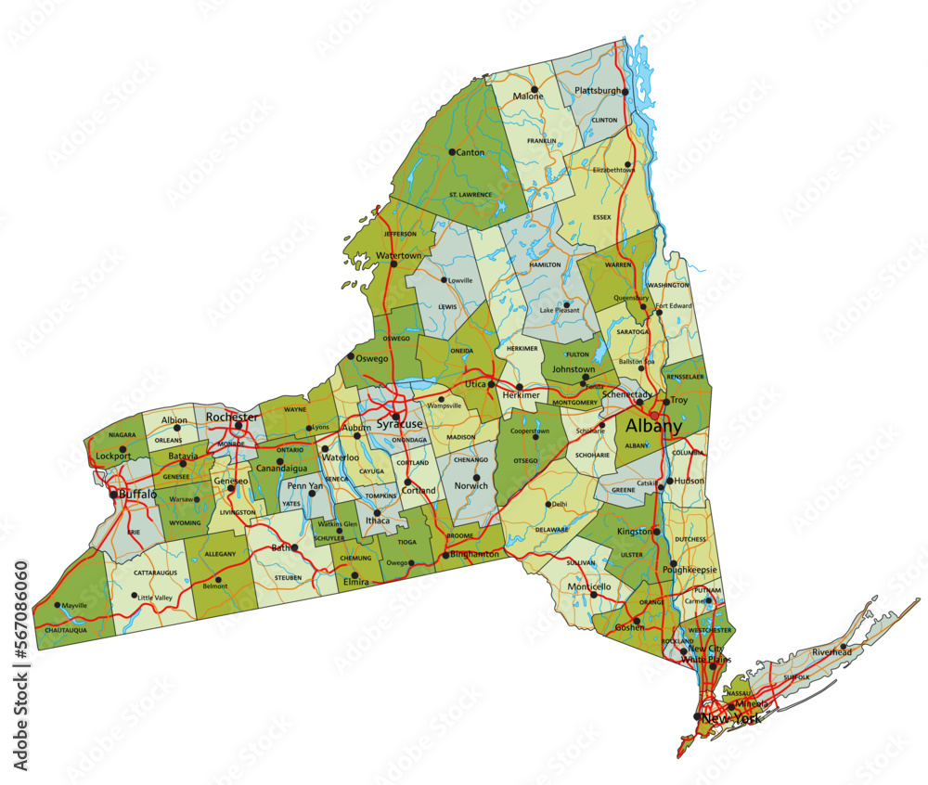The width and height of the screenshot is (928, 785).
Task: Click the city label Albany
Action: [x=653, y=426]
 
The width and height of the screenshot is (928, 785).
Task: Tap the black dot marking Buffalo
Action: [x=113, y=495]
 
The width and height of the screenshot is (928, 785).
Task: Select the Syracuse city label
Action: [x=398, y=424]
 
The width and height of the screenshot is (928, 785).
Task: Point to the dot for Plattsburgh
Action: [x=625, y=92]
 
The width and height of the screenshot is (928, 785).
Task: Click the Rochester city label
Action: [x=232, y=417]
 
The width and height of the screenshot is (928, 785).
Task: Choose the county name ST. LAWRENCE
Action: [x=470, y=194]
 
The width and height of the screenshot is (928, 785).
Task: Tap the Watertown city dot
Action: [x=393, y=264]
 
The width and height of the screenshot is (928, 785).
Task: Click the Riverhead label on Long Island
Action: [x=831, y=652]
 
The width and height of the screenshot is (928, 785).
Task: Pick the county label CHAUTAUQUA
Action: [x=66, y=630]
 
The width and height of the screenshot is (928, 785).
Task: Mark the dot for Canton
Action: [x=452, y=152]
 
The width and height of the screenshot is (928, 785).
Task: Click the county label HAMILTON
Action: [x=545, y=264]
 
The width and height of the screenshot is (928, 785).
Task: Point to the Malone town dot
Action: [x=535, y=90]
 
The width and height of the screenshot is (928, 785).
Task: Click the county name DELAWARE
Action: [x=551, y=529]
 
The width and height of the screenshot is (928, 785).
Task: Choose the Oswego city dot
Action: [x=350, y=356]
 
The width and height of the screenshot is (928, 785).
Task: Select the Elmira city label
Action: [x=356, y=582]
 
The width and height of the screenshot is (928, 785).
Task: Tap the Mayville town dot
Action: [x=58, y=605]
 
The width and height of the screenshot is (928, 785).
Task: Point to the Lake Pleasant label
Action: [x=560, y=310]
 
